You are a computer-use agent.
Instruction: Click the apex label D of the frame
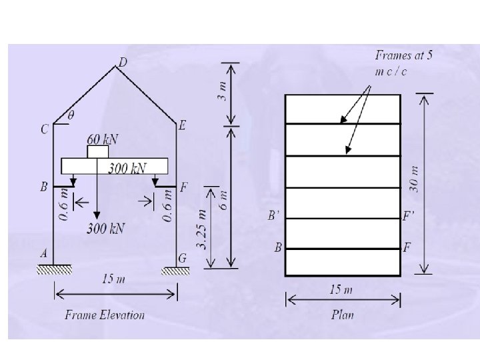[122, 62]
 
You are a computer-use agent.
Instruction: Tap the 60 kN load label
[103, 139]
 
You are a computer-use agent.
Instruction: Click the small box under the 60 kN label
[97, 152]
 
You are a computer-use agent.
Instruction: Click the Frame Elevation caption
[105, 315]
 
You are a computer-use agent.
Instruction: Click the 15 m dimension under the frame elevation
[113, 279]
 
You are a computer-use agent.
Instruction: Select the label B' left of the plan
[273, 216]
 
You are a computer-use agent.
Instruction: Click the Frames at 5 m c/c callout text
[404, 63]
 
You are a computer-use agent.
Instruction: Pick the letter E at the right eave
[183, 124]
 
